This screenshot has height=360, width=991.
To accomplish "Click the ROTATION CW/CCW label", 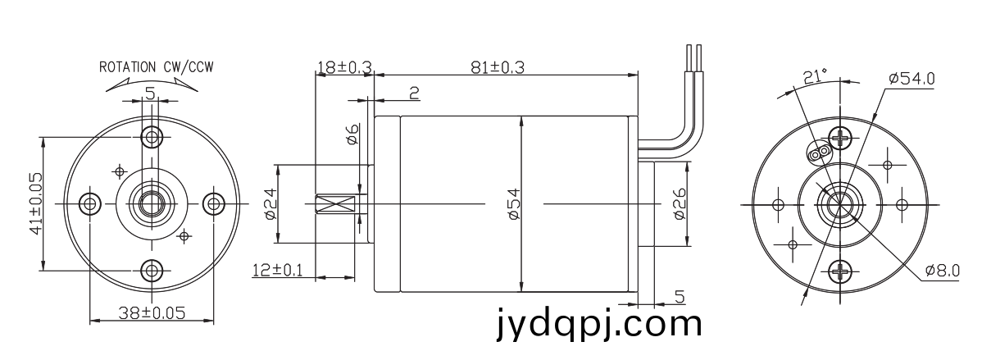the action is (157, 67).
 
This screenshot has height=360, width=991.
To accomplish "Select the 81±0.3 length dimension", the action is (498, 68).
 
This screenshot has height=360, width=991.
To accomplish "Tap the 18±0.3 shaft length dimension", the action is (344, 67).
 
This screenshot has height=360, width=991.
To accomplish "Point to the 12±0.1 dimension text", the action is (277, 270).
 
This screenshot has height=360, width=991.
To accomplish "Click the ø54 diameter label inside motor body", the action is (514, 203).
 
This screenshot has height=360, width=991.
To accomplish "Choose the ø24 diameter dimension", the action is (270, 203).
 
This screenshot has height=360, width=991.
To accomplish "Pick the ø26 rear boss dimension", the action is (680, 203).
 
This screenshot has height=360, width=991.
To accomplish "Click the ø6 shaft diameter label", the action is (352, 134).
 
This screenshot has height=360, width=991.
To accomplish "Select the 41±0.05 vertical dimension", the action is (36, 203).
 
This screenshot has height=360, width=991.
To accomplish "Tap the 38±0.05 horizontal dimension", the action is (152, 313).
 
